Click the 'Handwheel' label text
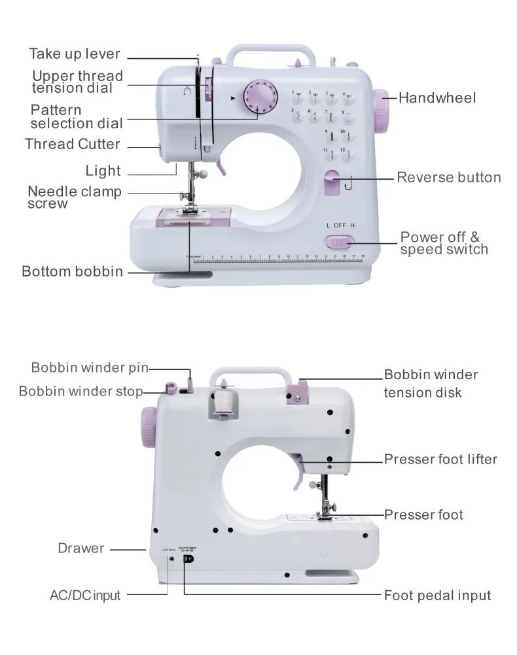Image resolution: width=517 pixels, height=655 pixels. [x=437, y=99]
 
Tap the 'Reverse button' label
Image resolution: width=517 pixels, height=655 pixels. [x=448, y=177]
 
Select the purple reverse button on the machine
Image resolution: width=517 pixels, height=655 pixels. [x=332, y=184]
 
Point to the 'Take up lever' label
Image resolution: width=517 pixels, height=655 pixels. [x=74, y=54]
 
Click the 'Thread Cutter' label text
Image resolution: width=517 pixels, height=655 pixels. [x=73, y=144]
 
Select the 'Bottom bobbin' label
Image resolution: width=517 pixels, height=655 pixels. [x=72, y=271]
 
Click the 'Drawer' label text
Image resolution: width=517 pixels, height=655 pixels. [x=80, y=548]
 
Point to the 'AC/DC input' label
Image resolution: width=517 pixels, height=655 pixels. [x=85, y=596]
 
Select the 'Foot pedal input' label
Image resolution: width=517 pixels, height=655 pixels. [x=437, y=596]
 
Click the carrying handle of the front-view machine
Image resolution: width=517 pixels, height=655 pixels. [x=271, y=52]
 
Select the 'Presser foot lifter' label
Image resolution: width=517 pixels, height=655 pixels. [x=440, y=460]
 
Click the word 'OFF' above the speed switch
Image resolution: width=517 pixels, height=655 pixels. [x=339, y=225]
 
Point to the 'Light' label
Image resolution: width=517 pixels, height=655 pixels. [x=103, y=171]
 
